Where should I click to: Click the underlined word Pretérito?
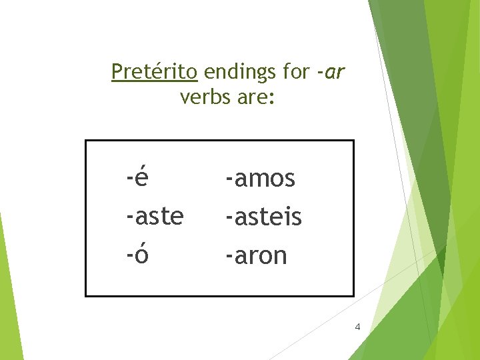(x=154, y=71)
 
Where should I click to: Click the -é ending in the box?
(x=137, y=178)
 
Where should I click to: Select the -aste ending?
(x=155, y=217)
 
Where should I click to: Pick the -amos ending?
(x=260, y=179)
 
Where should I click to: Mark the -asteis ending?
(x=263, y=217)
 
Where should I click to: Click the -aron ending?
(x=256, y=255)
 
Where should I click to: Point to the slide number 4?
(x=358, y=327)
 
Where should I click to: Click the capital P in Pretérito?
(x=117, y=71)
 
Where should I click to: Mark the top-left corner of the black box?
(x=86, y=141)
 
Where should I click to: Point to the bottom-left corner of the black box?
(x=86, y=295)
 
